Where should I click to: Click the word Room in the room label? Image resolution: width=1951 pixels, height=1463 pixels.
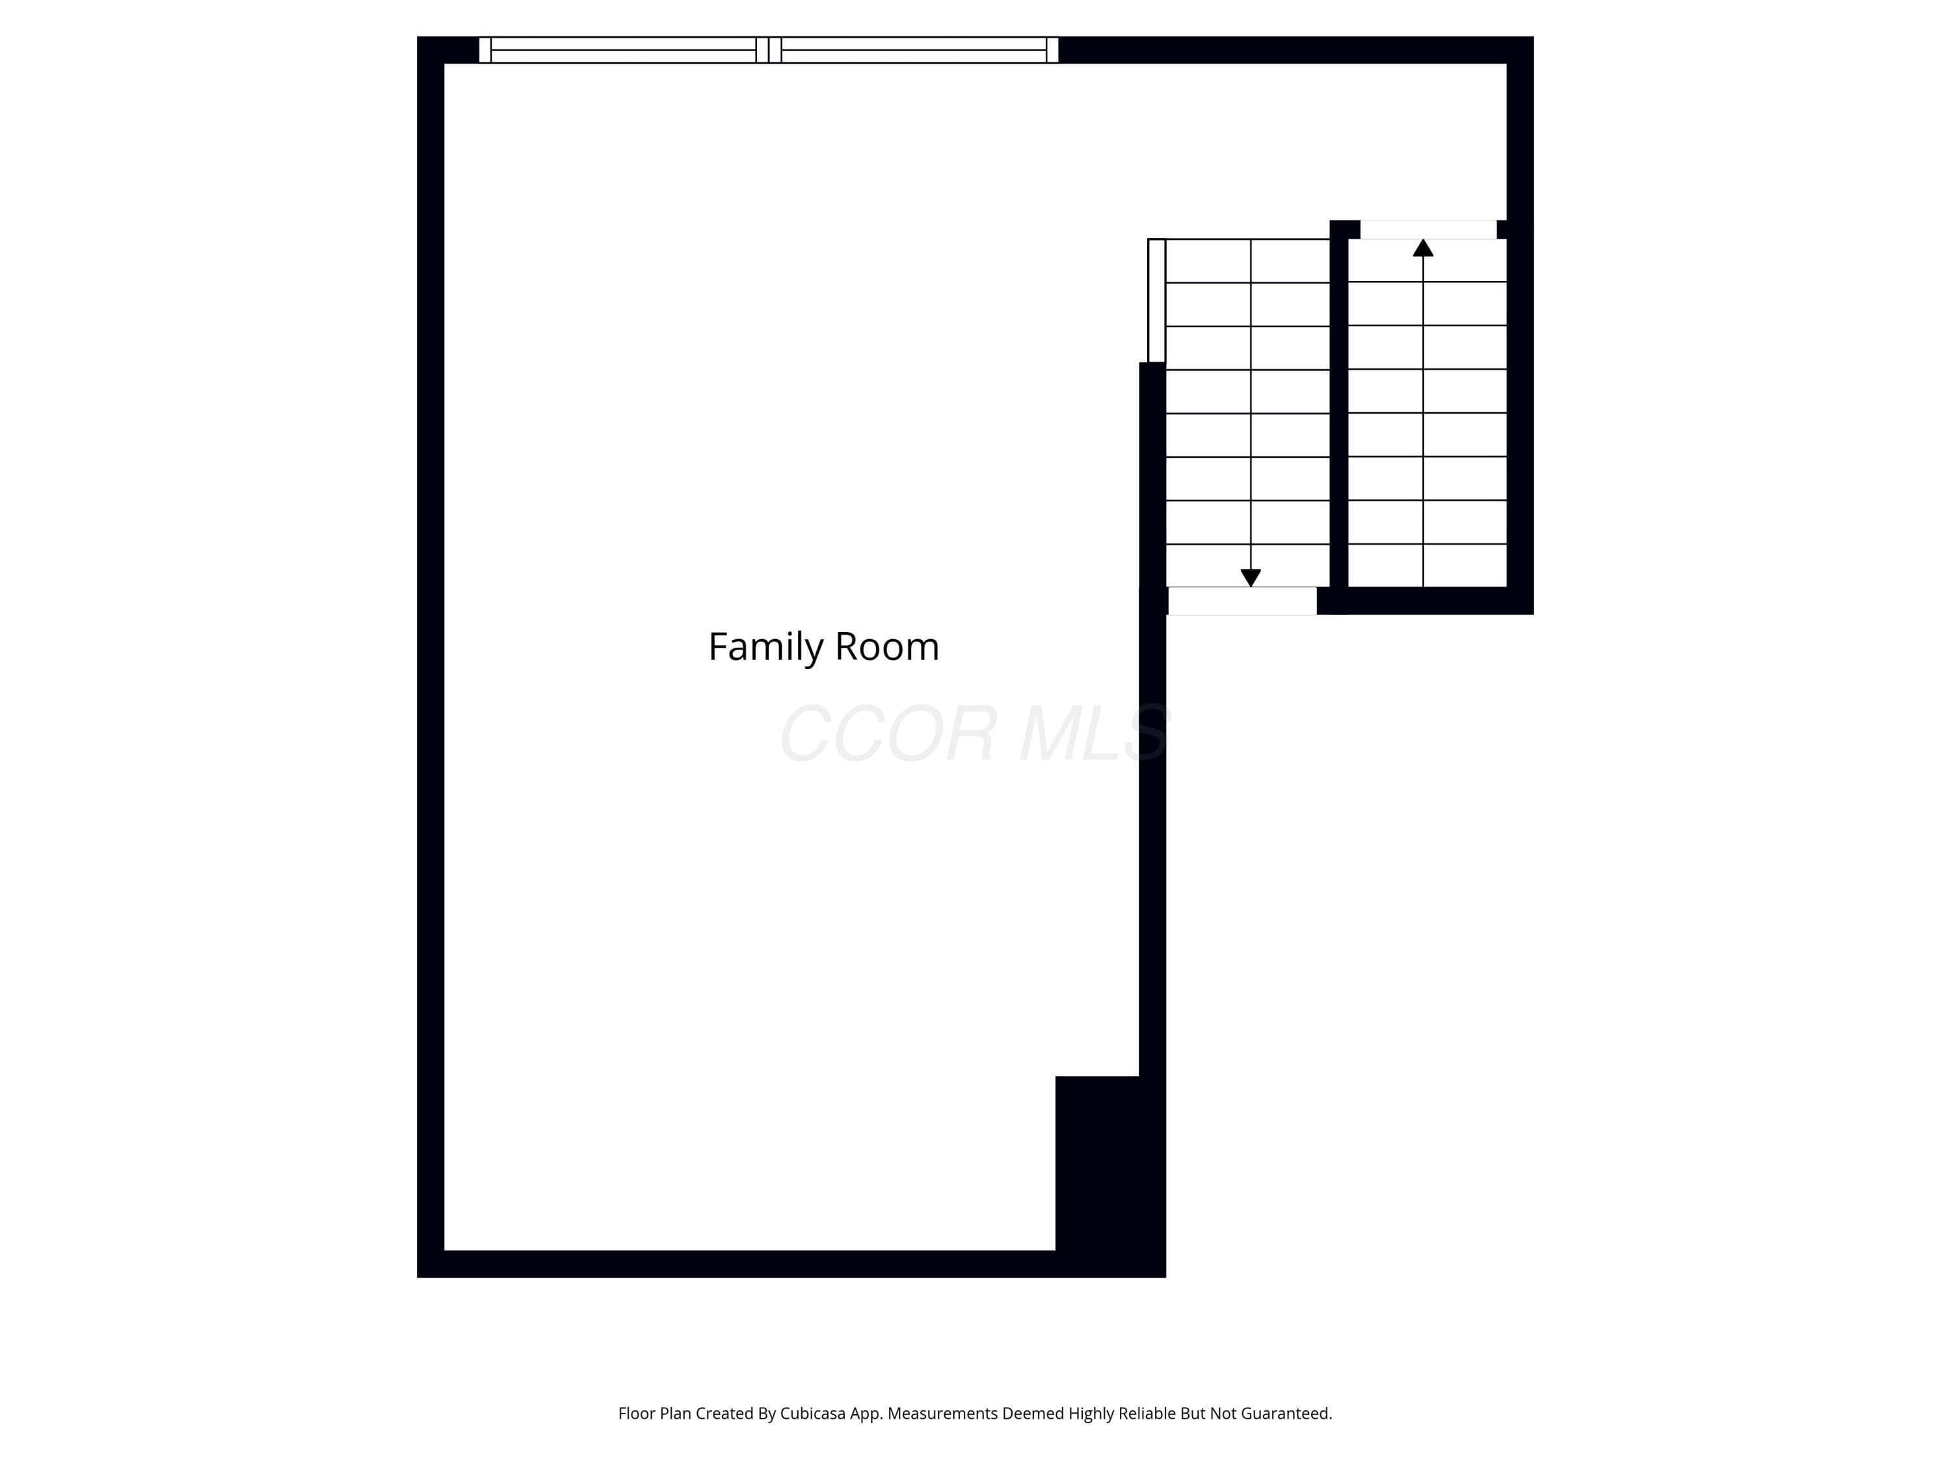pyautogui.click(x=887, y=646)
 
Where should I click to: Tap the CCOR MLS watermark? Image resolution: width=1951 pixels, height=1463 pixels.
pyautogui.click(x=975, y=733)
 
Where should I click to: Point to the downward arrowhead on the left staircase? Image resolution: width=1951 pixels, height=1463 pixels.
pyautogui.click(x=1251, y=577)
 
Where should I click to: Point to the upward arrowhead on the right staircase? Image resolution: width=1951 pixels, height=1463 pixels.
pyautogui.click(x=1423, y=248)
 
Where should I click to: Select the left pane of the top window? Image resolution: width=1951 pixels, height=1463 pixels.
pyautogui.click(x=623, y=49)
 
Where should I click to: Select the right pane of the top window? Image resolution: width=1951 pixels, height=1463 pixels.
pyautogui.click(x=914, y=49)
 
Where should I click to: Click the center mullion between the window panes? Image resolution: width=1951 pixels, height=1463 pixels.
pyautogui.click(x=769, y=49)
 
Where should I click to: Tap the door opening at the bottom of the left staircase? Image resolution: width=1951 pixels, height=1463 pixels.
pyautogui.click(x=1242, y=601)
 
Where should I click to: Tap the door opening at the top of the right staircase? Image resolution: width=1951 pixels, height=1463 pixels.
pyautogui.click(x=1428, y=230)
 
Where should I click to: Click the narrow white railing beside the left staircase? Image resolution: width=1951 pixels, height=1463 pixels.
pyautogui.click(x=1156, y=300)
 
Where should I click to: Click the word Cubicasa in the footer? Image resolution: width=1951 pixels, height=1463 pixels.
pyautogui.click(x=812, y=1414)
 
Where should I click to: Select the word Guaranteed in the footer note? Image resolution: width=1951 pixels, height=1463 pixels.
pyautogui.click(x=1287, y=1414)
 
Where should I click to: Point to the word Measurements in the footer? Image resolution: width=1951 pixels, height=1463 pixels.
pyautogui.click(x=942, y=1414)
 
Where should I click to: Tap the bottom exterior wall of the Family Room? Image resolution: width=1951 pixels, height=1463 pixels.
pyautogui.click(x=791, y=1263)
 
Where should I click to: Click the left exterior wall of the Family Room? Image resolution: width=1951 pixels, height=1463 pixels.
pyautogui.click(x=431, y=657)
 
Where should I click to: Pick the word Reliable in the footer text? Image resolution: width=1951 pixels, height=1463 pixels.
pyautogui.click(x=1147, y=1414)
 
